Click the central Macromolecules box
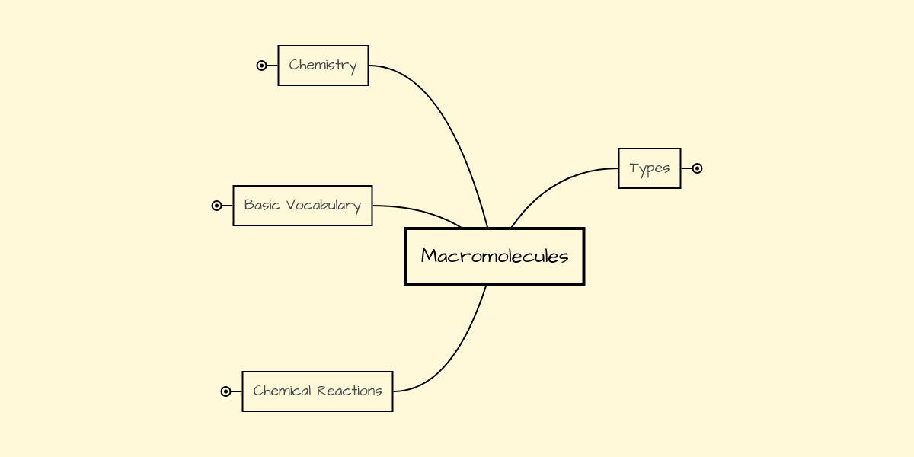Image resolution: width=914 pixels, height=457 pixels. tap(494, 256)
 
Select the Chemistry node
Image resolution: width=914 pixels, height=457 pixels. tap(323, 66)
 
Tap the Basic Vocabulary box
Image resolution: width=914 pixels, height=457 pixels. tap(302, 206)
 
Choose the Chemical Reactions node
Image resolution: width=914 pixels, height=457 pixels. tap(317, 391)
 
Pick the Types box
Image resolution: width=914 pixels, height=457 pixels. tap(649, 168)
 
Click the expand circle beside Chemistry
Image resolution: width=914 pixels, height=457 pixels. tap(261, 66)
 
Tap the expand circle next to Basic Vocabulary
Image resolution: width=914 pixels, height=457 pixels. tap(216, 206)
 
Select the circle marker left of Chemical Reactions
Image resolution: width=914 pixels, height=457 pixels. tap(225, 391)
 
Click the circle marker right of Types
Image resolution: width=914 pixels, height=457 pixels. tap(697, 168)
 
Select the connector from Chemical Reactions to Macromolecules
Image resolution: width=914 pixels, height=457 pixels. tap(457, 350)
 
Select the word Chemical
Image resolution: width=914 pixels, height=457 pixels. tap(283, 391)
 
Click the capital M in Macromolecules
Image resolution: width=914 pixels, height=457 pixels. tap(429, 256)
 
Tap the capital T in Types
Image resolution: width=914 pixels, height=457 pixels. tap(634, 168)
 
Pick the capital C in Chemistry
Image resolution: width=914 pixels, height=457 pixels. tap(293, 66)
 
